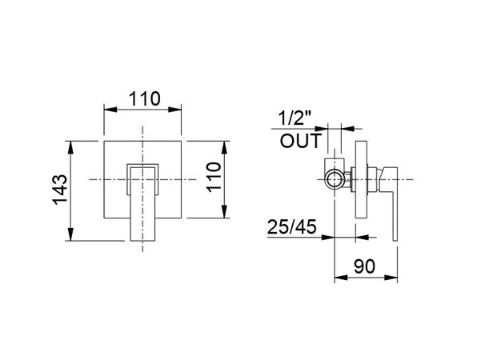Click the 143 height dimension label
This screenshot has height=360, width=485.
60,190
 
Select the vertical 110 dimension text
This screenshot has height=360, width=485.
214,178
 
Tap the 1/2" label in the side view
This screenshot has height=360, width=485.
295,118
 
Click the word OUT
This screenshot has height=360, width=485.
301,141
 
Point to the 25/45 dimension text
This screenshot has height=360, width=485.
292,226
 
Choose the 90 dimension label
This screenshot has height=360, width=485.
364,266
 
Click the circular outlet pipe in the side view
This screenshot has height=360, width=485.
335,179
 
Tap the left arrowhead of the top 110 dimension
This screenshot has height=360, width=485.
110,110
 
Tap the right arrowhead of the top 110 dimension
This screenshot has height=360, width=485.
174,110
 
